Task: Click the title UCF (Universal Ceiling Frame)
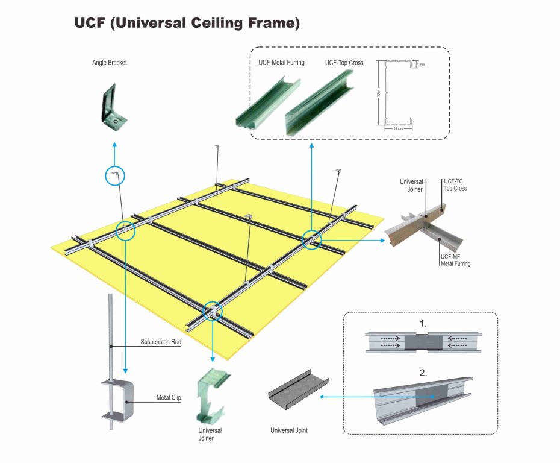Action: click(187, 24)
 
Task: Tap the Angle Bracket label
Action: click(110, 63)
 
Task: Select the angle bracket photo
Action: click(113, 108)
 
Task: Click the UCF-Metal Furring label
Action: click(278, 62)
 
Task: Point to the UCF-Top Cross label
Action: click(344, 63)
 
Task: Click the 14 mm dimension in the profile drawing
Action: click(397, 128)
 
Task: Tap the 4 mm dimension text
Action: click(420, 64)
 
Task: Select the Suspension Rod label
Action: click(161, 342)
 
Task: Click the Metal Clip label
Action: click(169, 398)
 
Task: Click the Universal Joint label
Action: click(289, 430)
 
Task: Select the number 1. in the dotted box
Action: click(423, 324)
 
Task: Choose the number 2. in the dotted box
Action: click(423, 373)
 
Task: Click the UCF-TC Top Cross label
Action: click(455, 184)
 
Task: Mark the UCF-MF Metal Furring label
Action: click(455, 260)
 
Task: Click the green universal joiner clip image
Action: click(211, 395)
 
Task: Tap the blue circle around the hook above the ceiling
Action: click(114, 175)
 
